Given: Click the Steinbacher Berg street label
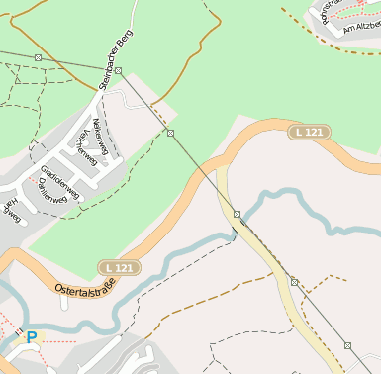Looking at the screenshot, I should [117, 60].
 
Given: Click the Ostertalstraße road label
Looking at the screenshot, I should [85, 288].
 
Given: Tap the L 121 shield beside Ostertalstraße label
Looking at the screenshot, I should [120, 268].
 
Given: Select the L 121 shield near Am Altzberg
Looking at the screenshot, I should [310, 132].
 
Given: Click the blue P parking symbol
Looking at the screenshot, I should [32, 337].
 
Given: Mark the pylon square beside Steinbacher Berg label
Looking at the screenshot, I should [118, 71].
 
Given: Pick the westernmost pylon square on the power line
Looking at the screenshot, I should [38, 57].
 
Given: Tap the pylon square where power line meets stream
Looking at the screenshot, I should [238, 214].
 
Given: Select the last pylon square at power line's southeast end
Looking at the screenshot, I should [347, 345].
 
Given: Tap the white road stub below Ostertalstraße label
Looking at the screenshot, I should [63, 303].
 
